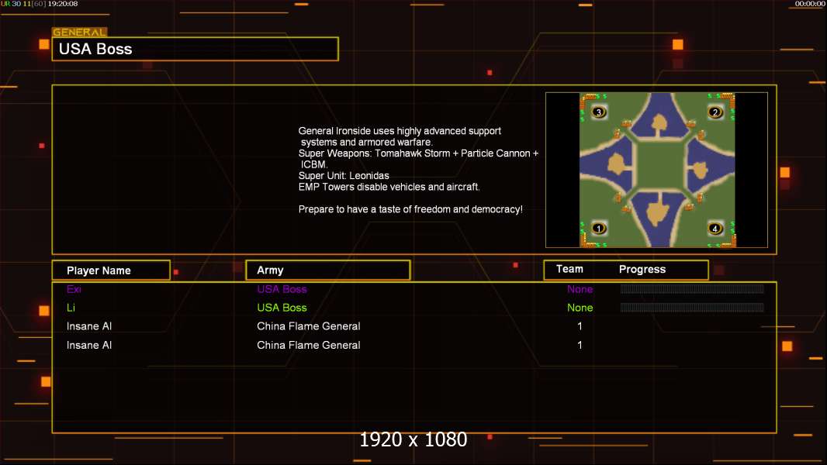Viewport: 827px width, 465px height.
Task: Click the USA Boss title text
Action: tap(95, 49)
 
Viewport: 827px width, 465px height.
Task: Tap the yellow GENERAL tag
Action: tap(80, 32)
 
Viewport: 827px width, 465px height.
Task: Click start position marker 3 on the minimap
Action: tap(599, 112)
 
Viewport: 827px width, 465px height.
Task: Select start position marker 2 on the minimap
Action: tap(715, 112)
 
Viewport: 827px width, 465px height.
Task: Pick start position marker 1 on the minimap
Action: tap(599, 228)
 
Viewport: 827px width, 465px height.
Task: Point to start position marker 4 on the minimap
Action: tap(715, 228)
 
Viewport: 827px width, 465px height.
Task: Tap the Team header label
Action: tap(569, 269)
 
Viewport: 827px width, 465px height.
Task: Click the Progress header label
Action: tap(642, 270)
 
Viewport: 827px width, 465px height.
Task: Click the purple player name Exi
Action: tap(74, 289)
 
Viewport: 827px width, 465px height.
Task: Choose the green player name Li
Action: tap(71, 308)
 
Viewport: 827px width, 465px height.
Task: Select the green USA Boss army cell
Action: tap(282, 308)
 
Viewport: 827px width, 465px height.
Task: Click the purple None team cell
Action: tap(580, 289)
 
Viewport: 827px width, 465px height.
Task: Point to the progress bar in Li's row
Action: tap(692, 308)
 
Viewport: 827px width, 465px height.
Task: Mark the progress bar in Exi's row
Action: tap(692, 288)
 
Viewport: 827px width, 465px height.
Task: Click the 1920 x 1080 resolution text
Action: tap(413, 439)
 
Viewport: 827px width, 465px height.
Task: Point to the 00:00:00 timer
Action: tap(810, 4)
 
